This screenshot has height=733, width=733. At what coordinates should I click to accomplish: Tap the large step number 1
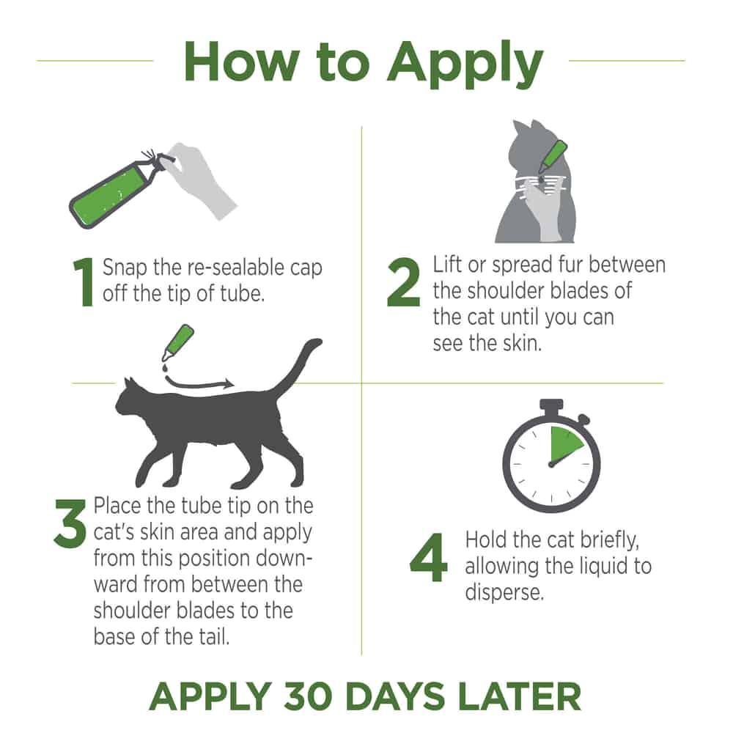pos(84,282)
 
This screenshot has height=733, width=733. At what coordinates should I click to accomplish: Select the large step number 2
pos(403,282)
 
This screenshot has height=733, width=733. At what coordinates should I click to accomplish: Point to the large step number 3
pos(70,523)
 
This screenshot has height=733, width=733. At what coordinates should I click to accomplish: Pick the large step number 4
pos(428,557)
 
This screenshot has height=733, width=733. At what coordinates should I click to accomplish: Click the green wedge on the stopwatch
pos(565,444)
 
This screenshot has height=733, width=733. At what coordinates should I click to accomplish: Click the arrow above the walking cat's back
pos(199,382)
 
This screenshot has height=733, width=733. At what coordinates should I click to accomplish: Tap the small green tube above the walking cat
pos(178,342)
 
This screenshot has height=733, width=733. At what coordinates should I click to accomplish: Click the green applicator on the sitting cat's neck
pos(553,156)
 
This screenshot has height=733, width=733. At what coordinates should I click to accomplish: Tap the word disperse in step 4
pos(504,592)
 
